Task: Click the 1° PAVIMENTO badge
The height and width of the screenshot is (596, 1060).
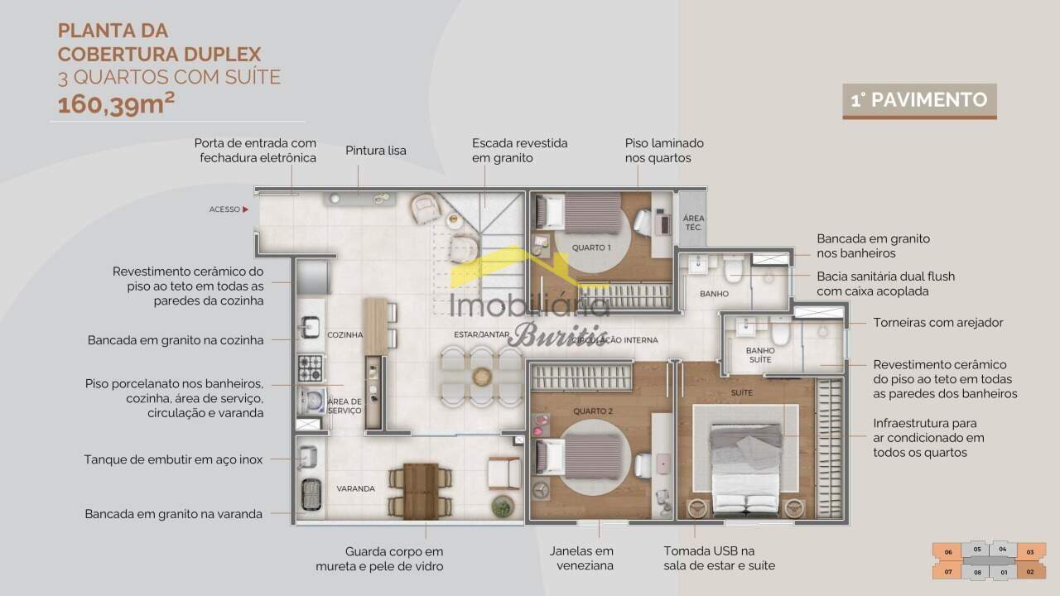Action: pyautogui.click(x=919, y=101)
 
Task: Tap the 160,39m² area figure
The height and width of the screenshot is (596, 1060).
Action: pyautogui.click(x=116, y=104)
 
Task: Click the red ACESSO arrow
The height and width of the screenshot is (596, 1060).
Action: pyautogui.click(x=246, y=209)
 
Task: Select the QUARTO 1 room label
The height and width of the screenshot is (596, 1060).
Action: pyautogui.click(x=591, y=248)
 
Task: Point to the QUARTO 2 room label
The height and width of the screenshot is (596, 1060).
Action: pyautogui.click(x=593, y=411)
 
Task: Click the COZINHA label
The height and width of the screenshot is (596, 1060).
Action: pyautogui.click(x=345, y=335)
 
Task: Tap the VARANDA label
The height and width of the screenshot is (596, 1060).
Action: pyautogui.click(x=356, y=488)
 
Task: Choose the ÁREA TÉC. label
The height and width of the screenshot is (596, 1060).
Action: pyautogui.click(x=694, y=223)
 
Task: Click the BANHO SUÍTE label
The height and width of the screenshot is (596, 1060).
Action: pyautogui.click(x=760, y=355)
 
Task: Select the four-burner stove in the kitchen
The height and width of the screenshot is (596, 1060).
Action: pyautogui.click(x=311, y=368)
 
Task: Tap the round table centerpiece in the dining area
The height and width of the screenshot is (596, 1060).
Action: pyautogui.click(x=482, y=377)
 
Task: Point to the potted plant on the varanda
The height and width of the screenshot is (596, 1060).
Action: pyautogui.click(x=503, y=506)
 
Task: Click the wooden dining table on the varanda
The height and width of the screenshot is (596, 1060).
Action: pyautogui.click(x=421, y=491)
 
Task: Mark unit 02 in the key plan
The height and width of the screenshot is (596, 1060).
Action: pyautogui.click(x=1031, y=571)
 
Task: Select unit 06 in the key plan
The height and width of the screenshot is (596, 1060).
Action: pyautogui.click(x=948, y=552)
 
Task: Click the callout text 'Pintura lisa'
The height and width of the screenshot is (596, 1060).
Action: pyautogui.click(x=376, y=151)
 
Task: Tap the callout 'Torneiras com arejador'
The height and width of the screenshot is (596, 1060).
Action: pyautogui.click(x=938, y=323)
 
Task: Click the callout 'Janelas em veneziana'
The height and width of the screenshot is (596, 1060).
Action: pyautogui.click(x=581, y=558)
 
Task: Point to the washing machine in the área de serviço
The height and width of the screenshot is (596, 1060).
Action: pyautogui.click(x=312, y=401)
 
